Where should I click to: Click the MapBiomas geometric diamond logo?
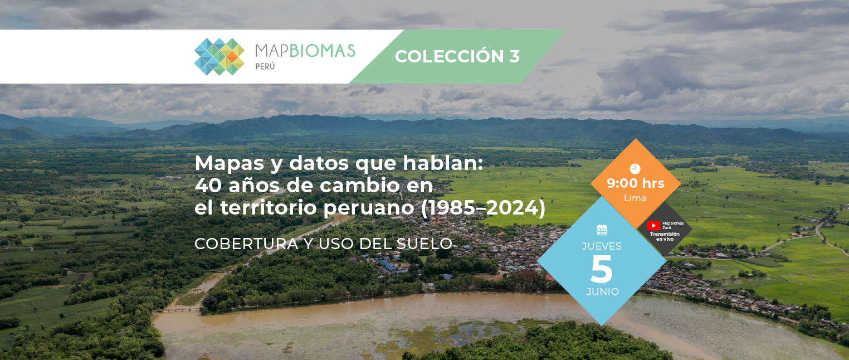click(x=219, y=57)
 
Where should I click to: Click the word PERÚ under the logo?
click(x=265, y=66)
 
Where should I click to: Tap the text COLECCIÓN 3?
click(x=457, y=56)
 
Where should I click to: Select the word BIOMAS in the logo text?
click(x=323, y=51)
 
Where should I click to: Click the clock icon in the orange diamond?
click(x=635, y=169)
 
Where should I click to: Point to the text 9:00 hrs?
click(x=636, y=183)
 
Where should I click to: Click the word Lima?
click(x=635, y=198)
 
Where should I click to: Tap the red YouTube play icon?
click(x=653, y=226)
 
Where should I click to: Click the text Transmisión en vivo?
click(x=665, y=236)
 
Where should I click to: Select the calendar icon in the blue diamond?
click(x=602, y=230)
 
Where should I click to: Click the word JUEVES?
click(x=602, y=246)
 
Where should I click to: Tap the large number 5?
click(x=602, y=269)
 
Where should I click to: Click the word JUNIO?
click(x=603, y=292)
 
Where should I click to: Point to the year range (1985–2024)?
click(x=483, y=207)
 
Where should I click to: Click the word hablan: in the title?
click(x=443, y=163)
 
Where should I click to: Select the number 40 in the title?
click(x=208, y=186)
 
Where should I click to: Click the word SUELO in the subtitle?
click(x=424, y=244)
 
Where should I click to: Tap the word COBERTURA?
click(x=246, y=244)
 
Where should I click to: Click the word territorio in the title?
click(x=269, y=207)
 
